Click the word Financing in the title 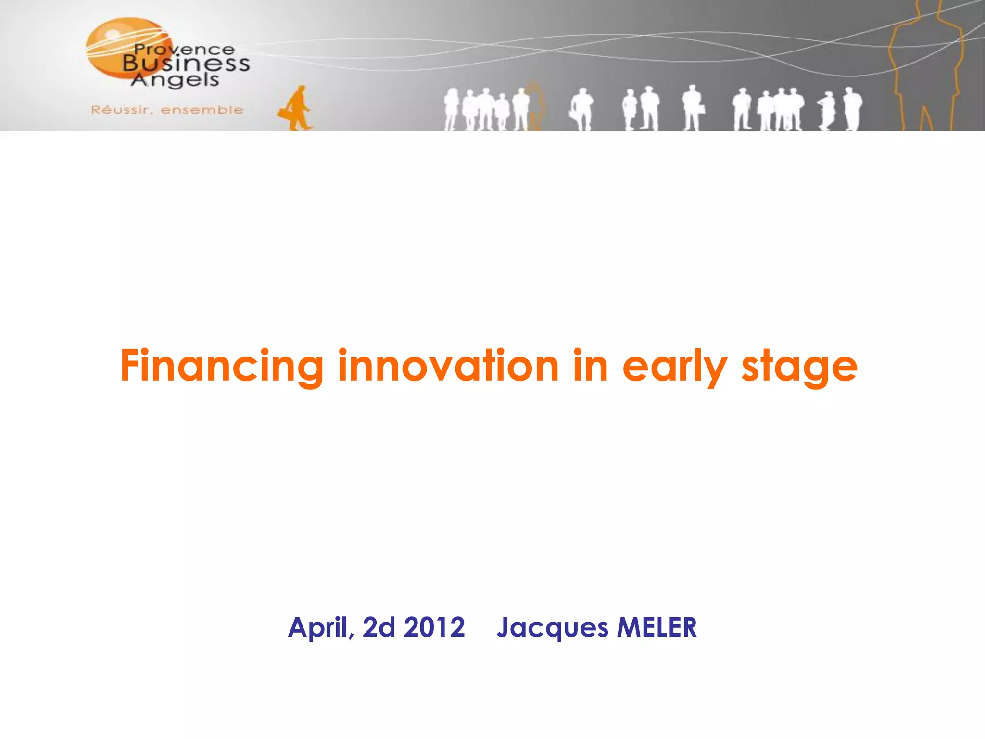pos(221,367)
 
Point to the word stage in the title pos(799,367)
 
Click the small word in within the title pos(591,367)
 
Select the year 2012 pos(434,627)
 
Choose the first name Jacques pos(552,628)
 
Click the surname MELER pos(657,627)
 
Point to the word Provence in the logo pos(185,50)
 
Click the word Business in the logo pos(186,64)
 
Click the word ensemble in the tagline pos(202,110)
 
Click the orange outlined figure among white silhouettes pos(535,107)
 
